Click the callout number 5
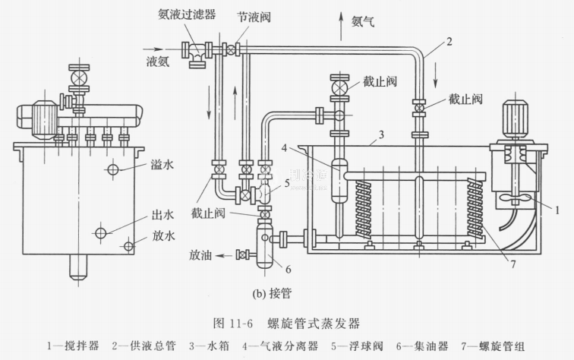(286, 182)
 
